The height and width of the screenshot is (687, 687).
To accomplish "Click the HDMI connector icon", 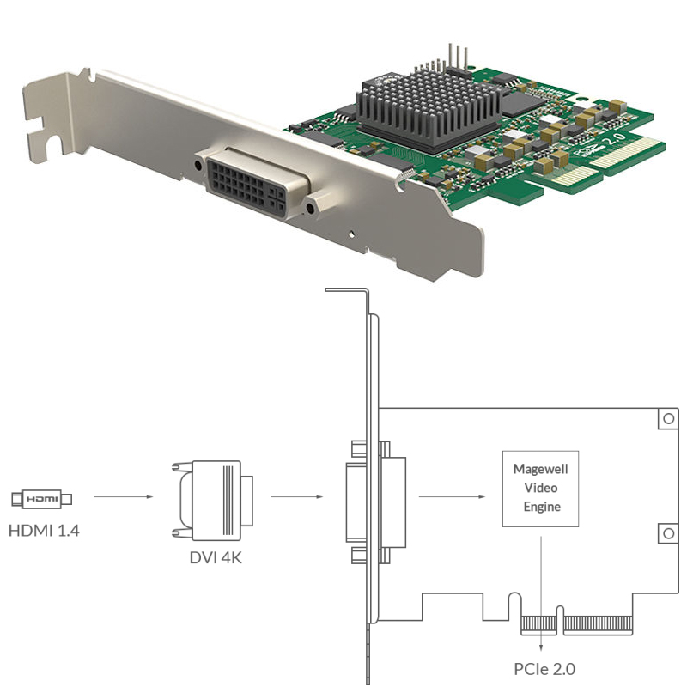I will click(x=41, y=498).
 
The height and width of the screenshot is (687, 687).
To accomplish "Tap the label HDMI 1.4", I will click(x=44, y=530).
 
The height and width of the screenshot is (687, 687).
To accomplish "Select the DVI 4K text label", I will click(x=216, y=557).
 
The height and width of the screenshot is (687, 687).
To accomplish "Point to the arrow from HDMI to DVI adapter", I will click(x=123, y=496).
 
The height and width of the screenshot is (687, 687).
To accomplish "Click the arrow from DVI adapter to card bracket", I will click(x=296, y=496).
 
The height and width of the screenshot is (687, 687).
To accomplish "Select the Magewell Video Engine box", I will click(x=541, y=488).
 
